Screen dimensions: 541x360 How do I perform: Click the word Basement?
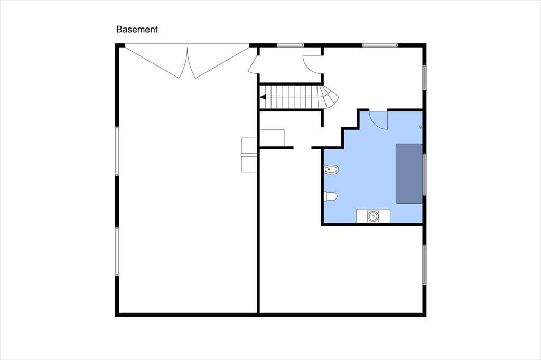pyautogui.click(x=137, y=30)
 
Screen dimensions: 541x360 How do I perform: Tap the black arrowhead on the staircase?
pyautogui.click(x=263, y=97)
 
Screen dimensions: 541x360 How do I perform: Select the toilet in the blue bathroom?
pyautogui.click(x=331, y=196)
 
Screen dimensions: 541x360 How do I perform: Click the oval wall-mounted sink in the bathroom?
pyautogui.click(x=331, y=169)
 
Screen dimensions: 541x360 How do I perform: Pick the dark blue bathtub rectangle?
pyautogui.click(x=409, y=174)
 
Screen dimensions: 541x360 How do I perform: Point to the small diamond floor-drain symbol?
pyautogui.click(x=420, y=127)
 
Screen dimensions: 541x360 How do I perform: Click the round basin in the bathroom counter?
pyautogui.click(x=372, y=216)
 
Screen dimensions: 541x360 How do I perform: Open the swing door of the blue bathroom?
pyautogui.click(x=379, y=119)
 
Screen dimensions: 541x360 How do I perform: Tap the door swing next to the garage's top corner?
pyautogui.click(x=253, y=65)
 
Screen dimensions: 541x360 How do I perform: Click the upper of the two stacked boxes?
pyautogui.click(x=249, y=145)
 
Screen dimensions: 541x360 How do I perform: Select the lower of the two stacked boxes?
pyautogui.click(x=249, y=164)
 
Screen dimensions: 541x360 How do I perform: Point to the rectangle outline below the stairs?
pyautogui.click(x=272, y=138)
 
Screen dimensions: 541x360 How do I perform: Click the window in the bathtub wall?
pyautogui.click(x=425, y=175)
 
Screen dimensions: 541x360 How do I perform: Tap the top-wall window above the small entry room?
pyautogui.click(x=290, y=45)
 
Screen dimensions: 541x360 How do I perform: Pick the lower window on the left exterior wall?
pyautogui.click(x=117, y=251)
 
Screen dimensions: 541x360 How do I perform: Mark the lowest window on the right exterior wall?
pyautogui.click(x=425, y=265)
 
